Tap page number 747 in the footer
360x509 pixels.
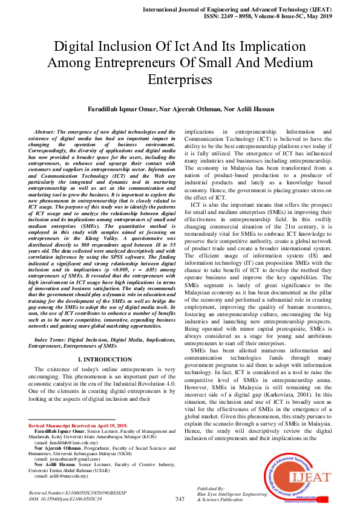[x=180, y=499]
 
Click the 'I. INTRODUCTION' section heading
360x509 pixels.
[x=102, y=360]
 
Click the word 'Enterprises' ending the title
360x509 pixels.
[x=180, y=79]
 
